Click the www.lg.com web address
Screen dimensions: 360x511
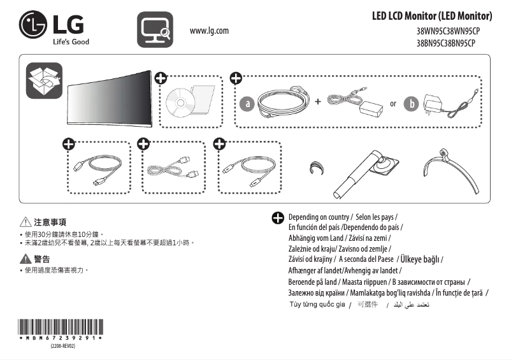209,30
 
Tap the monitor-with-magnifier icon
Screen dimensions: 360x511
155,29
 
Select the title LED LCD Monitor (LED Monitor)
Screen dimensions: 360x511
431,15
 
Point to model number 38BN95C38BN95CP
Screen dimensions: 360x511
445,43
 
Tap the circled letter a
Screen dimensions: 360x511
247,103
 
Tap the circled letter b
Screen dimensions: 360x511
412,103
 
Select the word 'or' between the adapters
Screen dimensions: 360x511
393,103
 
